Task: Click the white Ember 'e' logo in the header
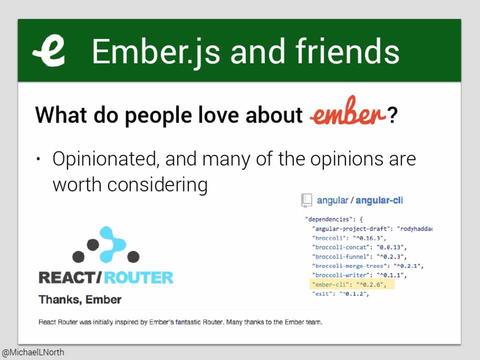(50, 51)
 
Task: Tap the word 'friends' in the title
(347, 51)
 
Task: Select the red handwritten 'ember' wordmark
(347, 111)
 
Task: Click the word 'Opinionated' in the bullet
(106, 159)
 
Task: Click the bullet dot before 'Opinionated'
(38, 159)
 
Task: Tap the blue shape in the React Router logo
(112, 244)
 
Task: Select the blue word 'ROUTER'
(139, 277)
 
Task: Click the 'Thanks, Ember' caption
(80, 299)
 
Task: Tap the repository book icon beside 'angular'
(306, 200)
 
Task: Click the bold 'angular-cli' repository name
(379, 200)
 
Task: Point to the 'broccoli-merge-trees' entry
(368, 266)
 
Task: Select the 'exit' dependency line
(340, 293)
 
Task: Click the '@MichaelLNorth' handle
(33, 352)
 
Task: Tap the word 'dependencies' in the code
(328, 219)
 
